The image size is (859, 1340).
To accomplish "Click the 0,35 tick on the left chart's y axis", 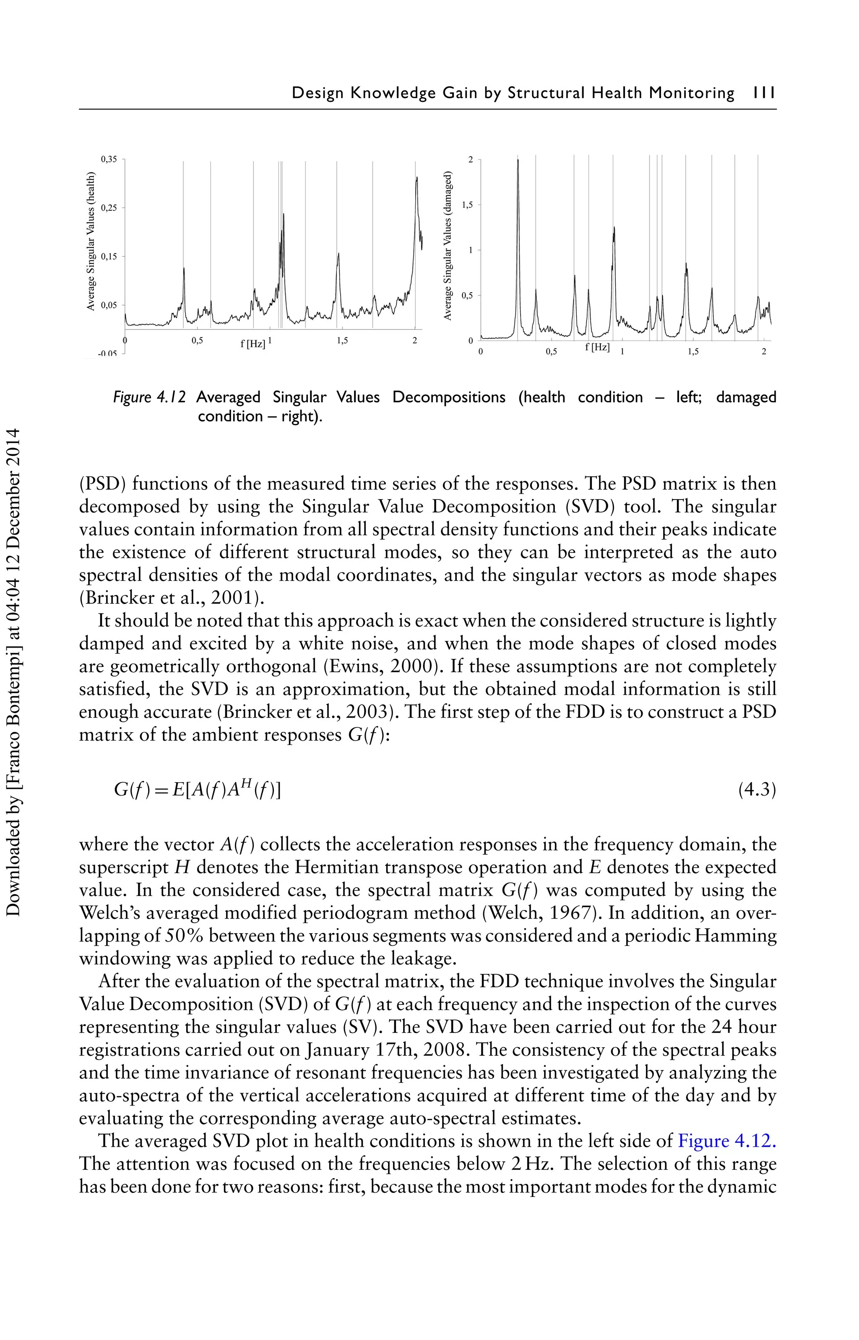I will point(108,159).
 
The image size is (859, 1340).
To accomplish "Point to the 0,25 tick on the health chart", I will point(108,208).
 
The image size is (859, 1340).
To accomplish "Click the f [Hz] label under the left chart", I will point(252,344).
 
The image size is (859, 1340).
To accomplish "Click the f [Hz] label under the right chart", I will point(597,347).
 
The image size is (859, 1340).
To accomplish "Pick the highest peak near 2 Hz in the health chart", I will point(416,178).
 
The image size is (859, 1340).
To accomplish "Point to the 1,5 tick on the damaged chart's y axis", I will point(467,205).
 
